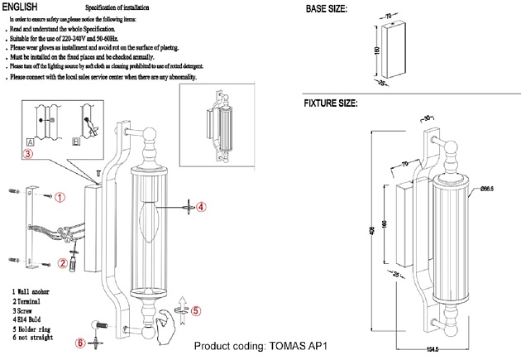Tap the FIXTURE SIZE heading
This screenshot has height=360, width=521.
click(331, 104)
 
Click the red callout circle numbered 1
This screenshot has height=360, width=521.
click(60, 197)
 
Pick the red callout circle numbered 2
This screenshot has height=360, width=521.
click(62, 263)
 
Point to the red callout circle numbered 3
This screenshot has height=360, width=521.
click(28, 153)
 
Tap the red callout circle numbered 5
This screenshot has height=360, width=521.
click(195, 312)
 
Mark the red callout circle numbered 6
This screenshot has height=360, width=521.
click(79, 343)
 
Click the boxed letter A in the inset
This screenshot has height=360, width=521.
click(31, 142)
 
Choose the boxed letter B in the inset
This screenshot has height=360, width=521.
click(76, 142)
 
